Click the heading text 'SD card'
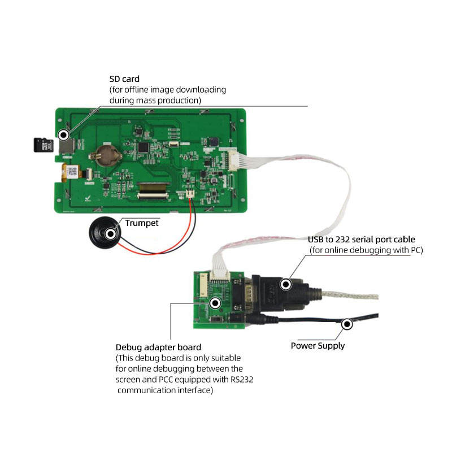(x=124, y=79)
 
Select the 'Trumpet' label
(x=141, y=223)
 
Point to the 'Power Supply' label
(x=318, y=346)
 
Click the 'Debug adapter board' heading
(x=158, y=347)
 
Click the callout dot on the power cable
(x=346, y=324)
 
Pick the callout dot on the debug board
(x=215, y=303)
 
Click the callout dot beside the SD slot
(x=64, y=135)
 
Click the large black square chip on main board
(x=146, y=147)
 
